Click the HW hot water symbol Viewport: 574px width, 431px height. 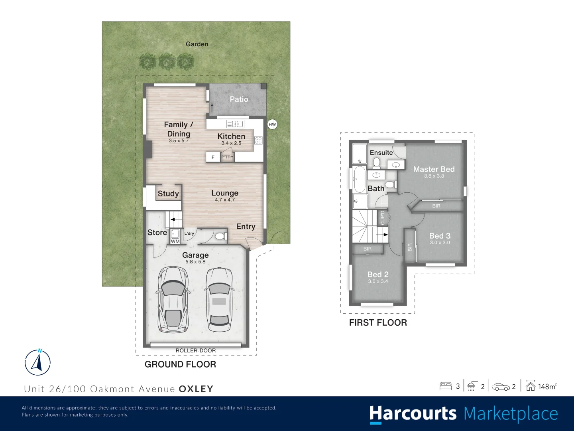click(272, 125)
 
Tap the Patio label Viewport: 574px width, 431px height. click(239, 99)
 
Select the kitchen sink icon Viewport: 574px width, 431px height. click(235, 124)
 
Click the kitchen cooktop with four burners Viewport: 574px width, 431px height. click(258, 140)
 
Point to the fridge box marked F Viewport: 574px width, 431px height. click(213, 157)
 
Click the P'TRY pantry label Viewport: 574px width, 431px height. click(227, 157)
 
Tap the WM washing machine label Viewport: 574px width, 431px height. click(175, 241)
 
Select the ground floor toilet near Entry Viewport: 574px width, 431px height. click(220, 236)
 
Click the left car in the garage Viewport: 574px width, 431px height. click(173, 299)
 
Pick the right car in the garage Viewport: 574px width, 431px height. click(219, 299)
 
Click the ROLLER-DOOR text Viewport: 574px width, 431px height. click(196, 351)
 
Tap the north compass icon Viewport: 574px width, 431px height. click(38, 362)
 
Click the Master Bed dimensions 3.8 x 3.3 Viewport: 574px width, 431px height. click(434, 176)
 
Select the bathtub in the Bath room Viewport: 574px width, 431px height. click(359, 180)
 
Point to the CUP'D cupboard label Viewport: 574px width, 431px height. click(383, 218)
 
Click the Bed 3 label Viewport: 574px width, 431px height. click(440, 236)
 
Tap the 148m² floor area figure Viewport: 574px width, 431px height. click(547, 386)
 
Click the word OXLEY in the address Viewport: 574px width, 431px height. click(196, 389)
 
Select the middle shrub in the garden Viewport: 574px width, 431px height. click(167, 62)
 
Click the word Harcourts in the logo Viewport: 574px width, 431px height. click(413, 414)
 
